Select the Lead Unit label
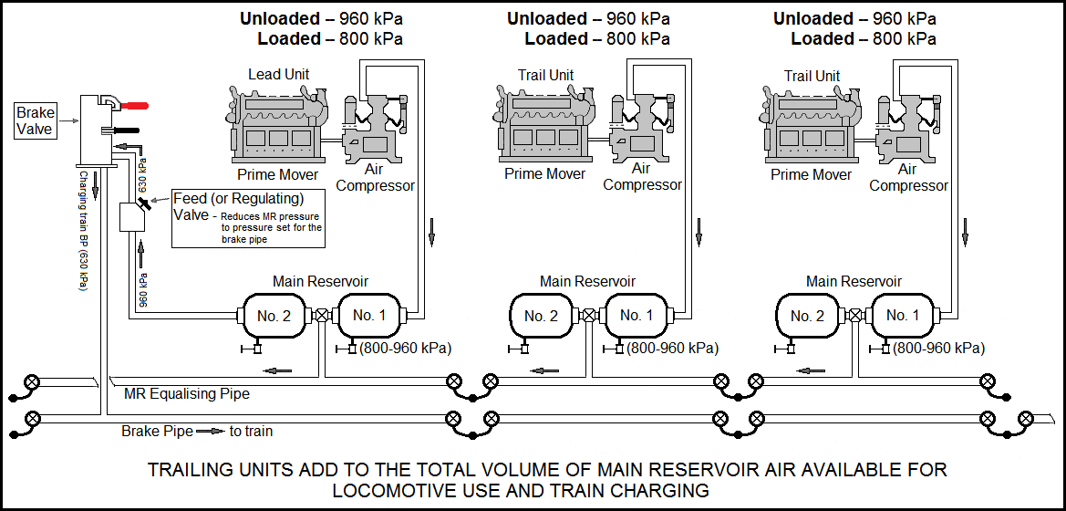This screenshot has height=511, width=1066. [x=278, y=75]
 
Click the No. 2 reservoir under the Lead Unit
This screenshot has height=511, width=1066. [x=274, y=316]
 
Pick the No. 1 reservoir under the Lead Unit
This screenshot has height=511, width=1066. [x=370, y=316]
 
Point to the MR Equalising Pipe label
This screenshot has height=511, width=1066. [x=187, y=394]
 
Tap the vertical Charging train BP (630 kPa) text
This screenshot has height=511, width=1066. [x=82, y=231]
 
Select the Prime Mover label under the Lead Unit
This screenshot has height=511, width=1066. [x=278, y=174]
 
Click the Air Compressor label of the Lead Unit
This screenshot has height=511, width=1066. [x=375, y=177]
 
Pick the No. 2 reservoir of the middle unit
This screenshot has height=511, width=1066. [x=541, y=316]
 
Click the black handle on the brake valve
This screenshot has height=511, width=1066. [x=131, y=130]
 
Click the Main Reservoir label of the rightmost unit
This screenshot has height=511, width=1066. [x=854, y=282]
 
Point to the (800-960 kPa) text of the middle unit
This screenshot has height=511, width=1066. [x=673, y=348]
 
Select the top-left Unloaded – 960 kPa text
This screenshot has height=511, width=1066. [x=321, y=18]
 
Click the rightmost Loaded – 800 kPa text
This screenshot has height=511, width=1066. [x=863, y=39]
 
